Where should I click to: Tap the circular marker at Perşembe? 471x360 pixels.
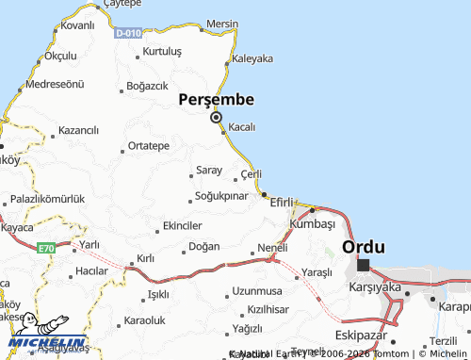click(x=217, y=118)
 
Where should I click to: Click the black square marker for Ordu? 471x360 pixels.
click(x=363, y=265)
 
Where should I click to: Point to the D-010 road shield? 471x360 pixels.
click(x=129, y=33)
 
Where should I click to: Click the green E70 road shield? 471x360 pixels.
click(x=47, y=248)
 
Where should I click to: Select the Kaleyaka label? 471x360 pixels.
click(x=252, y=57)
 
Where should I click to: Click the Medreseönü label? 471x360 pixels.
click(x=55, y=84)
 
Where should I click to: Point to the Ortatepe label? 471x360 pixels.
click(x=148, y=146)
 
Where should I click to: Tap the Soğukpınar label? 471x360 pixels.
click(x=219, y=196)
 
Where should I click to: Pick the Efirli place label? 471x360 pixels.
click(x=284, y=201)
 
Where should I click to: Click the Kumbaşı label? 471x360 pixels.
click(x=313, y=223)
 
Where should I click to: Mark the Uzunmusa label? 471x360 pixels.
click(x=257, y=290)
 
